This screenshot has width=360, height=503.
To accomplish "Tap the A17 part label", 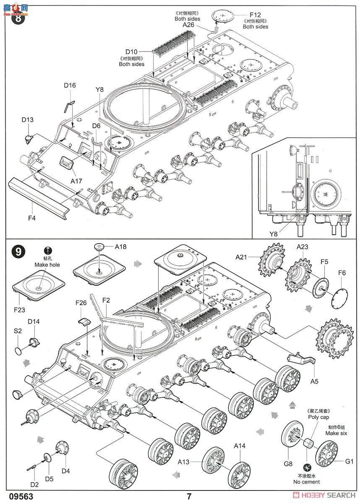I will [76, 181].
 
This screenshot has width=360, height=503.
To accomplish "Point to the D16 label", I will [70, 86].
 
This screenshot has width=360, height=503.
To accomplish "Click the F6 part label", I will [342, 272].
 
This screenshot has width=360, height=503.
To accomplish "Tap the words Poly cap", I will [318, 417].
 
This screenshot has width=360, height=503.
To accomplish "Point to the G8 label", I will [288, 464].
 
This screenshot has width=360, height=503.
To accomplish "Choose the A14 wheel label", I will [239, 446].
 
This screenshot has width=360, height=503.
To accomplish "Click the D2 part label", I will [34, 485].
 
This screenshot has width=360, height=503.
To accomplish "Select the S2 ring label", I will [18, 331].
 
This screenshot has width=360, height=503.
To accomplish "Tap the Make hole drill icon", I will [48, 250].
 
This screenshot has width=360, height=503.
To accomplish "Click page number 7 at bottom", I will [190, 496].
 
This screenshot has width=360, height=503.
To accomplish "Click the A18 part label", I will [120, 247].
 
